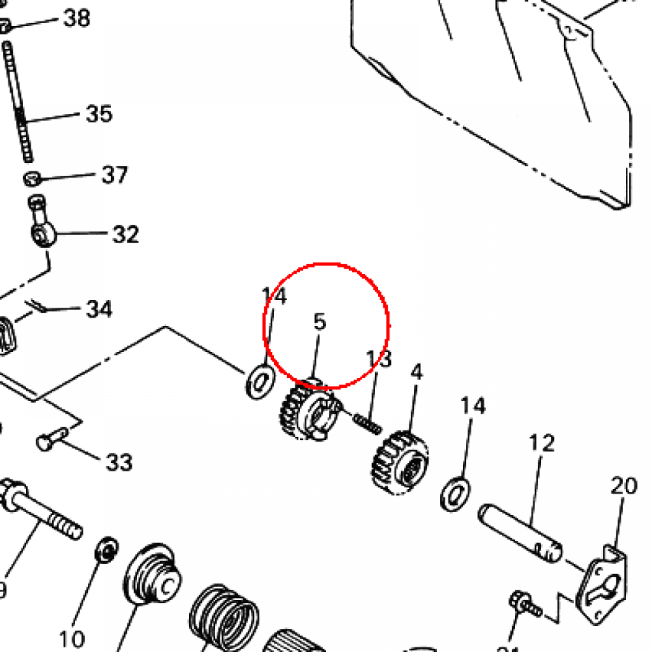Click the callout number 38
point(76,18)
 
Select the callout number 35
point(99,115)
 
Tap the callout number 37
point(115,174)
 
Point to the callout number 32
point(125,234)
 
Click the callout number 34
point(99,310)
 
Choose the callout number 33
point(119,462)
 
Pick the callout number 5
point(320,322)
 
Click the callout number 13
point(379,360)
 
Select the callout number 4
point(416,372)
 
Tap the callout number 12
point(542,443)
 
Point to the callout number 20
point(624,486)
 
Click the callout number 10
point(71,637)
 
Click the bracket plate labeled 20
point(601,583)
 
